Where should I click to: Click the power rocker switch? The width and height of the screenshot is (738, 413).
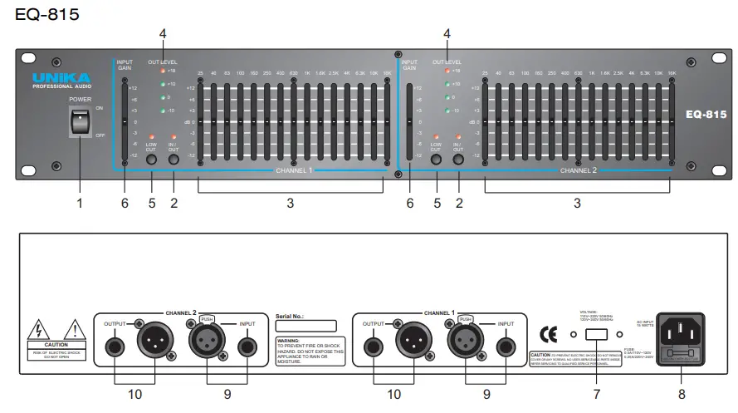(79, 125)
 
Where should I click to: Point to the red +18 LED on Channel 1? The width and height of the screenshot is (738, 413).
(164, 71)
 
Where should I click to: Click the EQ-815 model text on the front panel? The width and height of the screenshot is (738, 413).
(705, 116)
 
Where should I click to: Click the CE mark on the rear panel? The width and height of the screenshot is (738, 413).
(548, 335)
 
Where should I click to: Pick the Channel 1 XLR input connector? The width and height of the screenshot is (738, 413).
(463, 341)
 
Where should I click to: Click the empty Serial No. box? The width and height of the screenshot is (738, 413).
(305, 327)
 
